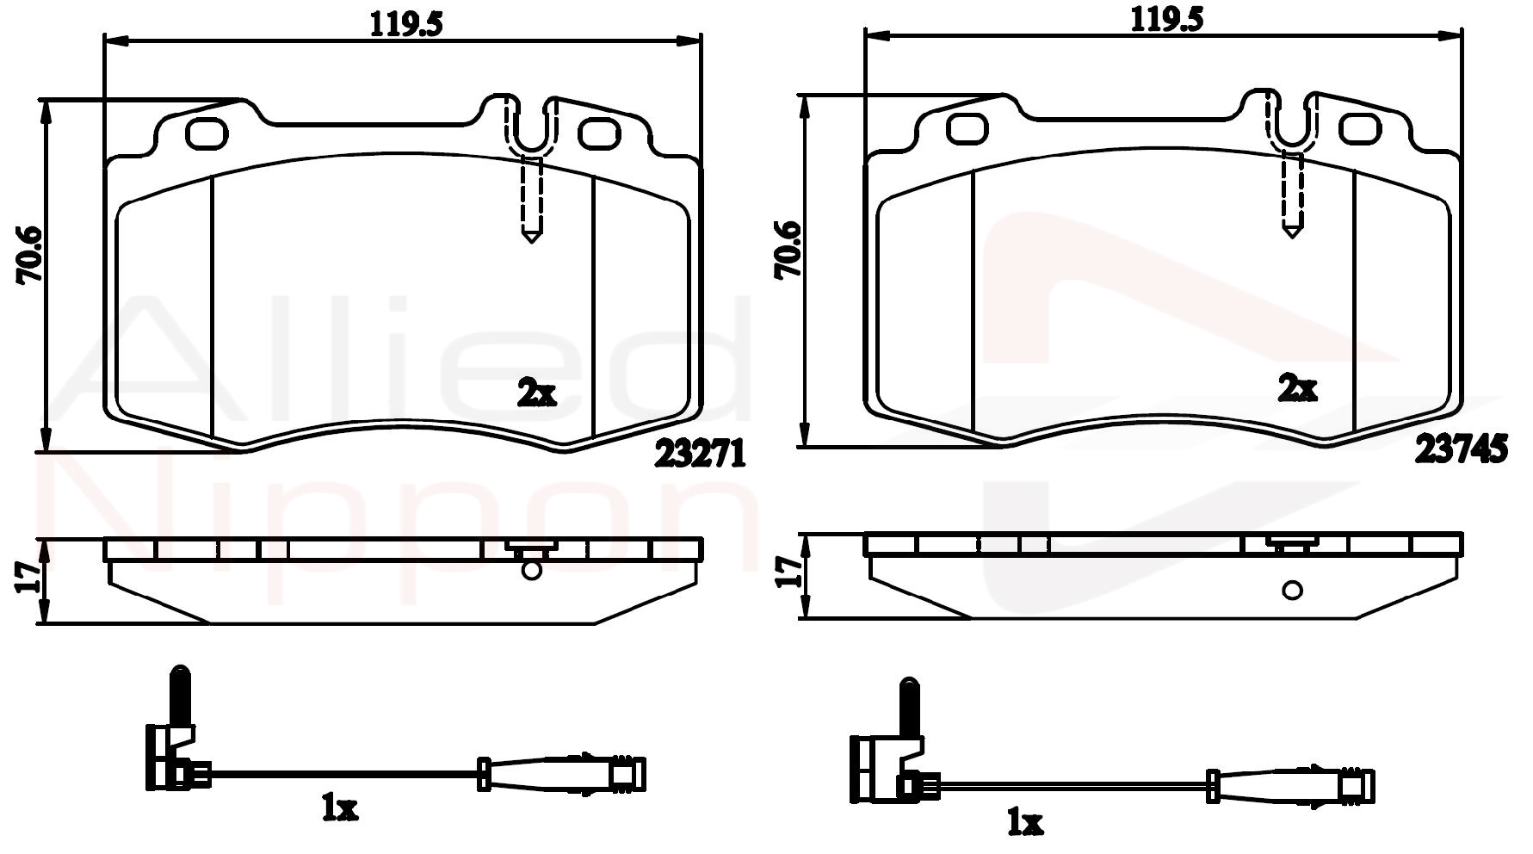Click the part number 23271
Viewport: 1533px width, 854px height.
click(699, 454)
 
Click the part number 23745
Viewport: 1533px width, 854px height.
click(1461, 449)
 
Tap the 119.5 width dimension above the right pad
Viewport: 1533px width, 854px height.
click(1166, 20)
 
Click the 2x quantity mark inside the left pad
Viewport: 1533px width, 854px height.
click(536, 393)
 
